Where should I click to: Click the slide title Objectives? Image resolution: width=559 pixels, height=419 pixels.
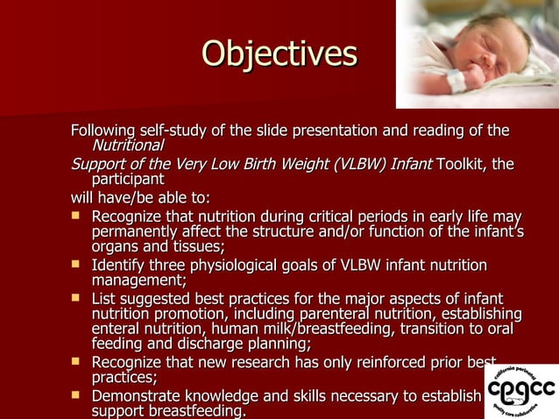(279, 53)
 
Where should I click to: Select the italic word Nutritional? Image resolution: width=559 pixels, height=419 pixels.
(128, 145)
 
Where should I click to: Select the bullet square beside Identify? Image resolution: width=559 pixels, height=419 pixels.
(77, 264)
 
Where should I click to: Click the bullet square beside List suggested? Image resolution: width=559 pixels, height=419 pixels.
(77, 298)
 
